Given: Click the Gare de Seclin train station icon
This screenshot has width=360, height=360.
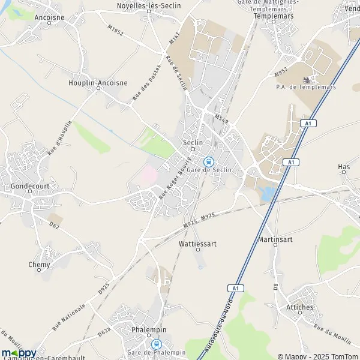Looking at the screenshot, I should tap(209, 161).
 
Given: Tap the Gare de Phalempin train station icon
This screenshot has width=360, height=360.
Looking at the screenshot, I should tap(157, 344).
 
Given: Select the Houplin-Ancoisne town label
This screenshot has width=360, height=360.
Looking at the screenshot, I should tap(98, 83).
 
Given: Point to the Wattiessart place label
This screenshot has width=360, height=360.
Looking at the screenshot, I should tap(197, 244).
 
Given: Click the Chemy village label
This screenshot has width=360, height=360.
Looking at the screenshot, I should tap(40, 264).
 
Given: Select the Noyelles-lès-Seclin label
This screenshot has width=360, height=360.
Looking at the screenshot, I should tap(148, 5).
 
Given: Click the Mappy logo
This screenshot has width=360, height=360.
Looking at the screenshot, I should tap(19, 353).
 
